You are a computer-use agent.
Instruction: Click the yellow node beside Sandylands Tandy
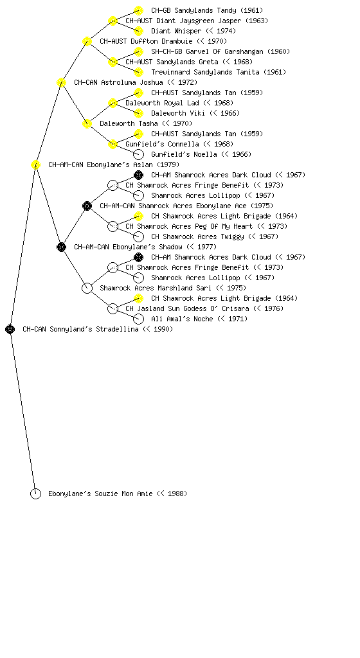pyautogui.click(x=138, y=10)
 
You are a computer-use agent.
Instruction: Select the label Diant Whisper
pyautogui.click(x=176, y=31)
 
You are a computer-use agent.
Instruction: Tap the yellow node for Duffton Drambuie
pyautogui.click(x=87, y=41)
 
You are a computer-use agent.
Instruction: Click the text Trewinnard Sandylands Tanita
pyautogui.click(x=205, y=72)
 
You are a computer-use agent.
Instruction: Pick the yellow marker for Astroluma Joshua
pyautogui.click(x=61, y=82)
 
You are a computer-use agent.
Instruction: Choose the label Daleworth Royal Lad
pyautogui.click(x=163, y=103)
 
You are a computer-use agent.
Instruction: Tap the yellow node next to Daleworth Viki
pyautogui.click(x=138, y=113)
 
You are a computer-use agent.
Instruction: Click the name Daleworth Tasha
pyautogui.click(x=129, y=123)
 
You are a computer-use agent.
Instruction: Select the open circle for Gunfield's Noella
pyautogui.click(x=138, y=154)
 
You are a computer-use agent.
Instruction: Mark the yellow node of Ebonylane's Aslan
pyautogui.click(x=35, y=164)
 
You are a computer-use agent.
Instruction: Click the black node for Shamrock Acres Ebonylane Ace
pyautogui.click(x=87, y=206)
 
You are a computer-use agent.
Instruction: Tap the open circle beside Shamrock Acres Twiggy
pyautogui.click(x=138, y=236)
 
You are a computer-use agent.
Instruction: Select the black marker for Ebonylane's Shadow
pyautogui.click(x=61, y=247)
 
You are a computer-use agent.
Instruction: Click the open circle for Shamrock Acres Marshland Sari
pyautogui.click(x=87, y=288)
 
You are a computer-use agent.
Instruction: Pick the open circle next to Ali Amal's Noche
pyautogui.click(x=138, y=319)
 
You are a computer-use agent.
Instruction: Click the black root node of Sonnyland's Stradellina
pyautogui.click(x=10, y=329)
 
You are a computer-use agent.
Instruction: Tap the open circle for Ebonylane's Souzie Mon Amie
pyautogui.click(x=35, y=493)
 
